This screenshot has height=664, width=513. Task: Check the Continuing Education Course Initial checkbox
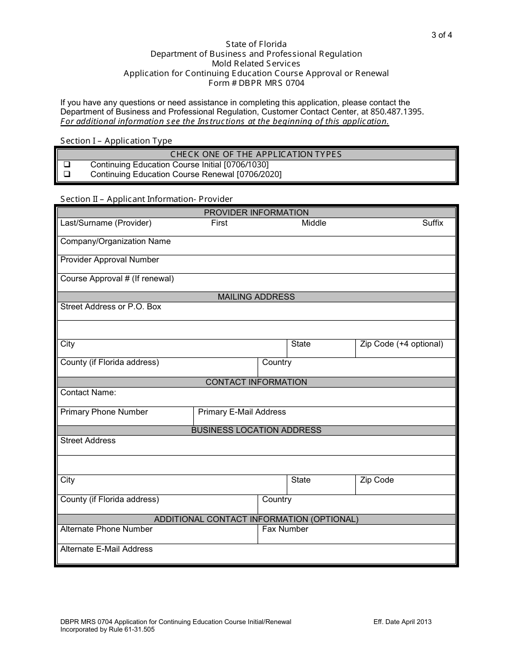(x=67, y=165)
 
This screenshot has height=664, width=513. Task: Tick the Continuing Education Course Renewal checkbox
(x=67, y=174)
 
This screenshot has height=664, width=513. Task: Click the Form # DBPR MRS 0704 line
(x=256, y=83)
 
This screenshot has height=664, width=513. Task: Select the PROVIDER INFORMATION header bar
(x=256, y=213)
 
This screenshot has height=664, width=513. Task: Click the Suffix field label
(x=433, y=223)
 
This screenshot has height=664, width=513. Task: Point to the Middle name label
(x=314, y=223)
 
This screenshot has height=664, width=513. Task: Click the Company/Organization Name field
(x=256, y=246)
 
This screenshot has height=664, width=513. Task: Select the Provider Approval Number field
(x=256, y=264)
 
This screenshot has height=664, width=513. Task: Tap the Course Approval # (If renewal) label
(x=117, y=279)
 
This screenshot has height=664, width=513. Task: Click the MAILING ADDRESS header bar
(x=256, y=297)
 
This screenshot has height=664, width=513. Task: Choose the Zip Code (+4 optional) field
(x=405, y=349)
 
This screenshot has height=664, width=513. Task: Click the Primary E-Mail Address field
(x=324, y=416)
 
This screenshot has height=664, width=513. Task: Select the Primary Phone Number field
(x=125, y=416)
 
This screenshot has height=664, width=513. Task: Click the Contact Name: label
(x=88, y=392)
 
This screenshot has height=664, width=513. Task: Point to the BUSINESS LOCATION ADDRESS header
(x=256, y=430)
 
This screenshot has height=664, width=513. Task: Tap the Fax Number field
(x=356, y=534)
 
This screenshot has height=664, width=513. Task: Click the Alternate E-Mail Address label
(x=106, y=549)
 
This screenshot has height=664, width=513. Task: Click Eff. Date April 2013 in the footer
(x=402, y=622)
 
